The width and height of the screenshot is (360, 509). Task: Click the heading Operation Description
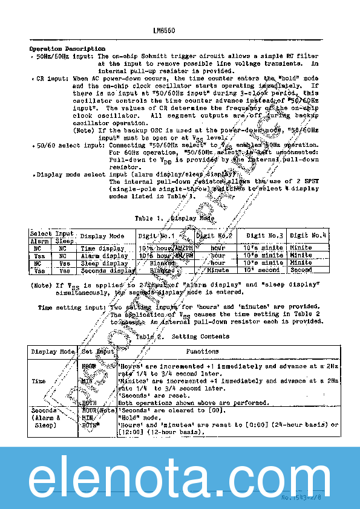pyautogui.click(x=67, y=49)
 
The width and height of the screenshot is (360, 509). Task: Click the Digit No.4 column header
pyautogui.click(x=308, y=236)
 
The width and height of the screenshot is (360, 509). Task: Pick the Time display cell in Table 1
pyautogui.click(x=102, y=248)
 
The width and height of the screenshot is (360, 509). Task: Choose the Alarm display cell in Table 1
pyautogui.click(x=104, y=256)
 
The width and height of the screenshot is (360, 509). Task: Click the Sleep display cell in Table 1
pyautogui.click(x=104, y=263)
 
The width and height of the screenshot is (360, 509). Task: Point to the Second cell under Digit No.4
pyautogui.click(x=301, y=270)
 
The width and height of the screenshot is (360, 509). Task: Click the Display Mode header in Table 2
pyautogui.click(x=53, y=351)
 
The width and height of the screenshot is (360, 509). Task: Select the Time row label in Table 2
pyautogui.click(x=39, y=381)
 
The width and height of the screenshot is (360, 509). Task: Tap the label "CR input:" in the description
pyautogui.click(x=52, y=79)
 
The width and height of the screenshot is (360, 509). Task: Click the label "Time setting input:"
pyautogui.click(x=72, y=307)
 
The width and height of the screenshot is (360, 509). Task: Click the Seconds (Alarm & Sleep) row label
pyautogui.click(x=46, y=417)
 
